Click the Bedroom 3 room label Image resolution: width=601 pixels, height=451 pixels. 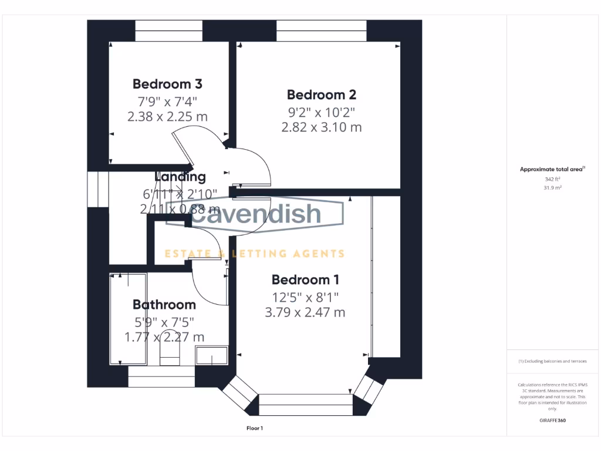[x=167, y=84]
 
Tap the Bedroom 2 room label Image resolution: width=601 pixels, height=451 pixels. [x=321, y=95]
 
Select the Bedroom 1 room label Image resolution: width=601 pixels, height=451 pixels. [x=305, y=280]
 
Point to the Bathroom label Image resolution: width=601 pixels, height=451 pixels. [x=164, y=305]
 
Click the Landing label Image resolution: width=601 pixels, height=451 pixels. [x=180, y=177]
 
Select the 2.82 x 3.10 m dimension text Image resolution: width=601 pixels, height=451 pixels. [x=321, y=127]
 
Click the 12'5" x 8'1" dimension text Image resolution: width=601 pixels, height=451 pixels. [x=305, y=297]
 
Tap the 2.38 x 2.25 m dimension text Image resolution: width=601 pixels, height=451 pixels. [x=167, y=116]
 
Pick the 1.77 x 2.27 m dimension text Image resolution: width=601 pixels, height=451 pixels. [x=164, y=337]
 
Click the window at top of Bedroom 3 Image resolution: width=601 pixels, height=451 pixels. [x=169, y=31]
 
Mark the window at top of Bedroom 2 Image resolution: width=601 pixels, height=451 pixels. [x=321, y=31]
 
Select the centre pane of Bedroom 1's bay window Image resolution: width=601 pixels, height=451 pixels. [x=305, y=405]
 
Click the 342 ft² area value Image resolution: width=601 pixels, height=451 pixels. [x=552, y=179]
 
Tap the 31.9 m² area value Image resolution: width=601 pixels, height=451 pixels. [x=552, y=188]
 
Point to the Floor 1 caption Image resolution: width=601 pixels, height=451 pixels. [x=255, y=429]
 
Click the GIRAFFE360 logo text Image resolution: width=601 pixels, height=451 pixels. [x=552, y=420]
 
